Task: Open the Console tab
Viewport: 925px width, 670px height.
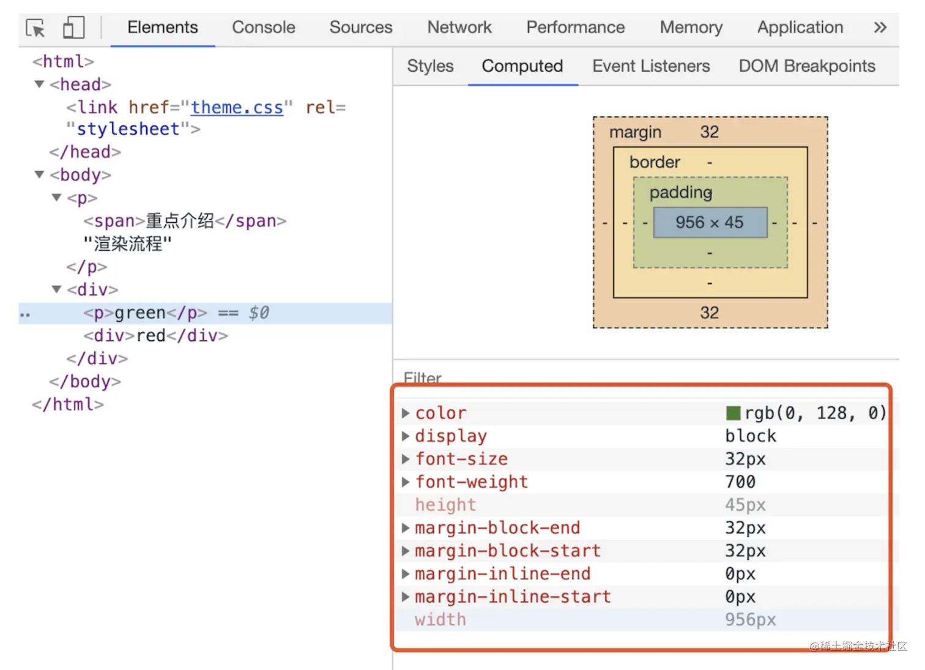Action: coord(263,28)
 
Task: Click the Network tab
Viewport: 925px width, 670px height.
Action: coord(459,28)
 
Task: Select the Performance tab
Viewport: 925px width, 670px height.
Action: coord(575,28)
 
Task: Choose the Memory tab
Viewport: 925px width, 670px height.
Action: coord(691,28)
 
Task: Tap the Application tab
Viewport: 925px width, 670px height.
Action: coord(800,28)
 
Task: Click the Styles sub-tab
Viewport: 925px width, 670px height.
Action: coord(430,66)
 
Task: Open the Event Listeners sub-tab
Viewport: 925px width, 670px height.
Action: coord(651,66)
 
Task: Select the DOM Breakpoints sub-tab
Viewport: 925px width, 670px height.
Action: coord(806,66)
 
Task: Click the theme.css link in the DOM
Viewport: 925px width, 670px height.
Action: coord(237,108)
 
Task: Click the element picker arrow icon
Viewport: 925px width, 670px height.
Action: coord(35,28)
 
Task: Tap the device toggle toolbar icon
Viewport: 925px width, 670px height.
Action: coord(73,28)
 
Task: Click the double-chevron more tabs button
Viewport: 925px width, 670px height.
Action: coord(880,28)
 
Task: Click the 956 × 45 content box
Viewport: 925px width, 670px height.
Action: coord(710,222)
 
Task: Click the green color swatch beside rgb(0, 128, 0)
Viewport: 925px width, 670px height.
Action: coord(733,414)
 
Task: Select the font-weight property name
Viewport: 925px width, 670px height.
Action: coord(471,482)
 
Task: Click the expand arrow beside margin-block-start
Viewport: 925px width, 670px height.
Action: coord(405,551)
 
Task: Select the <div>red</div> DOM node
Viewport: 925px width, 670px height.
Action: coord(155,336)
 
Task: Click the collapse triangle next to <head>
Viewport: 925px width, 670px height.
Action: coord(40,84)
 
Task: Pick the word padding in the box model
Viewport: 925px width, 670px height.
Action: coord(680,193)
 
